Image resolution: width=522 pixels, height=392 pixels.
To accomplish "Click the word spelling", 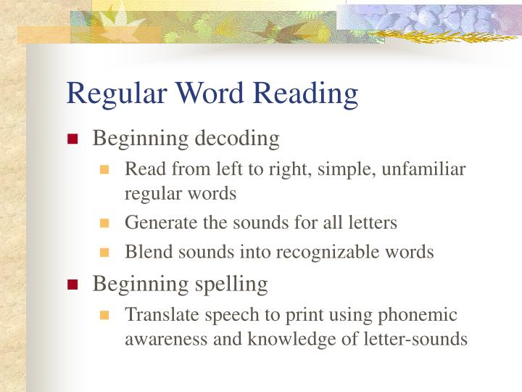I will (231, 283).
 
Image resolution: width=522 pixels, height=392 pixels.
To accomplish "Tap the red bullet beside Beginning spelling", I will (72, 285).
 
